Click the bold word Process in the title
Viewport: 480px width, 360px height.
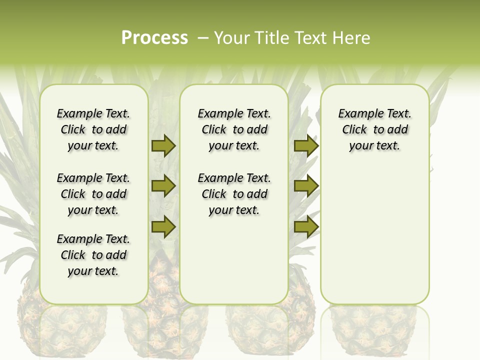[x=154, y=38]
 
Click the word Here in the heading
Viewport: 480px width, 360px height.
[x=352, y=38]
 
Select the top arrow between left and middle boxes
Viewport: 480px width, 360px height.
[x=163, y=145]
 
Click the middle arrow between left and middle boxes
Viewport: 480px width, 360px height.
[x=163, y=186]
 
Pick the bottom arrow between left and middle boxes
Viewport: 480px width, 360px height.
[x=163, y=226]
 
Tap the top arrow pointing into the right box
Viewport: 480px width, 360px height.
[x=306, y=145]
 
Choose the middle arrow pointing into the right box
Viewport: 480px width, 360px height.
[x=306, y=186]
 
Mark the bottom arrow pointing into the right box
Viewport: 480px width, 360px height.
[x=306, y=226]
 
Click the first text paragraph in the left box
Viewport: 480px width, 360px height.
[x=93, y=129]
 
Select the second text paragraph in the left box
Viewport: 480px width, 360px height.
[x=93, y=194]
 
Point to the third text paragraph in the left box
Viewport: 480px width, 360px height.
[x=93, y=255]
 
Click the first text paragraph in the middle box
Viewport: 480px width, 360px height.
[x=234, y=129]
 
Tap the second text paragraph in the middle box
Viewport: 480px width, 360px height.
[x=234, y=194]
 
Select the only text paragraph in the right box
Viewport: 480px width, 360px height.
[x=375, y=129]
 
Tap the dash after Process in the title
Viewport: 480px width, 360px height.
[x=203, y=38]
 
